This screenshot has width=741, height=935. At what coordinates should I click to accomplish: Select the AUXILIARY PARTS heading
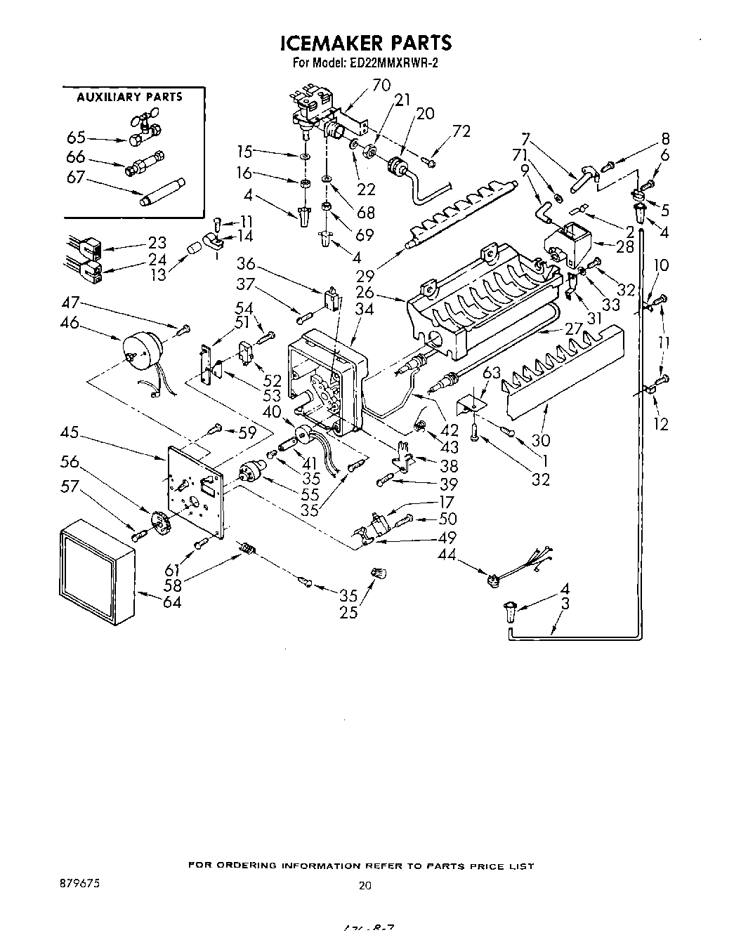[129, 97]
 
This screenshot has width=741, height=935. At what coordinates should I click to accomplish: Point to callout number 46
[70, 324]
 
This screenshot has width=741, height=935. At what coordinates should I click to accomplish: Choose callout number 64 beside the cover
[171, 602]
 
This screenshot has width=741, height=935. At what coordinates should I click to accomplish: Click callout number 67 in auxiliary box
[75, 178]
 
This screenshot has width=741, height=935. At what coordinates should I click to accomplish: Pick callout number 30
[541, 440]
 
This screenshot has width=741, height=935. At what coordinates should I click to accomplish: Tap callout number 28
[624, 246]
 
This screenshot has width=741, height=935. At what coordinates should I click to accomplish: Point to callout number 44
[447, 555]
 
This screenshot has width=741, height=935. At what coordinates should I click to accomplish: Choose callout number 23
[158, 243]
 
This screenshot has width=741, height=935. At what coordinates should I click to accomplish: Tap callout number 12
[661, 424]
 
